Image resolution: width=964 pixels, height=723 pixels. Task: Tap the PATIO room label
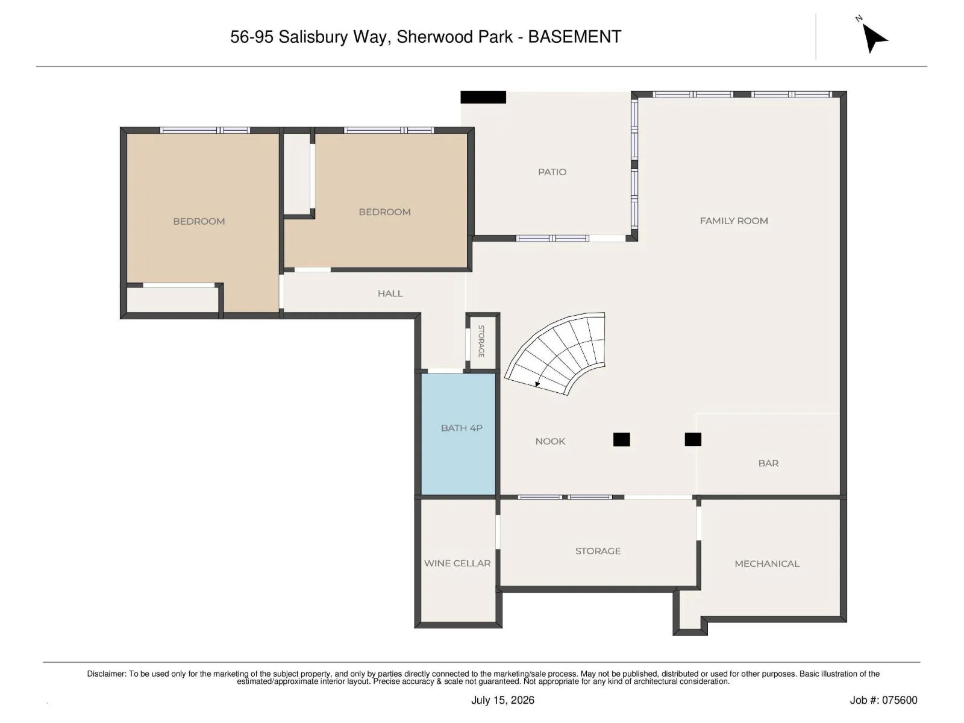point(552,172)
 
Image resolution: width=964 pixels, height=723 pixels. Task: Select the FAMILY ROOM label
point(734,221)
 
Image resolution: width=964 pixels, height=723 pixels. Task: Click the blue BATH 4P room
point(458,434)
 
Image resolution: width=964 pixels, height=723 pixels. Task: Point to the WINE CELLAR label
point(457,563)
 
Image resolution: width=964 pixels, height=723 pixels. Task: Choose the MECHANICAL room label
point(767,564)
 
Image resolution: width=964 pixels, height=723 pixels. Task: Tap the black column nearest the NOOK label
point(621,439)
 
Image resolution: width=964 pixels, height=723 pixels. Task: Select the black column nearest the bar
point(693,439)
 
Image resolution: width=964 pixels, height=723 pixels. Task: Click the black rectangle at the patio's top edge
point(483,97)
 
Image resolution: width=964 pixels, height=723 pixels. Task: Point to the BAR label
point(769,463)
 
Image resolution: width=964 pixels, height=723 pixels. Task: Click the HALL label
point(390,293)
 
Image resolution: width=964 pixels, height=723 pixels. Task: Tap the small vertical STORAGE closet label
point(481,341)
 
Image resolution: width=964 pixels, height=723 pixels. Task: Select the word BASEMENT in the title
point(574,37)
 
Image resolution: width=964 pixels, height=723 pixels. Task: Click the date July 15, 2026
point(503,700)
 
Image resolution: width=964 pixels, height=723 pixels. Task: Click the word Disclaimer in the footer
point(107,674)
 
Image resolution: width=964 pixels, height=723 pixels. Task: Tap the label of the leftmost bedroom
point(199,221)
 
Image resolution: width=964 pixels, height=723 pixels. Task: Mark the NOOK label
point(550,441)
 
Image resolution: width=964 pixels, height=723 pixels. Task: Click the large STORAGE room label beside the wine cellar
point(598,551)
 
